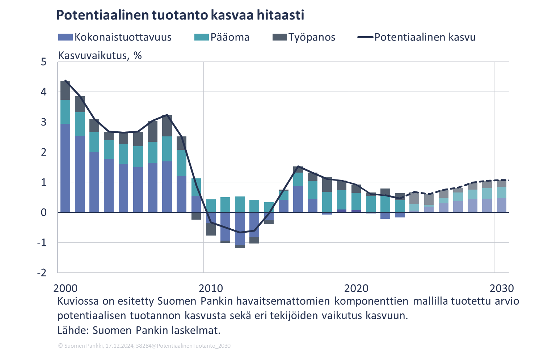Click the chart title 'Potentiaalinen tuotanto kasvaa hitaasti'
click(180, 15)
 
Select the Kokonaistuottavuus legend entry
click(115, 37)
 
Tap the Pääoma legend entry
click(222, 37)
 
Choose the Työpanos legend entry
click(304, 37)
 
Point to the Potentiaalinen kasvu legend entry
click(416, 37)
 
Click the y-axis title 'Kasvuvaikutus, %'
click(100, 56)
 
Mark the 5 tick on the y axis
click(44, 62)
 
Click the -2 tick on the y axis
click(42, 272)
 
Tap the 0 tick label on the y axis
click(44, 212)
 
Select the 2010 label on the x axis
click(211, 288)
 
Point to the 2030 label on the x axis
click(502, 288)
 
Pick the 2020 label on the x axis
click(356, 288)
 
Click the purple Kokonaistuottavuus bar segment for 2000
click(65, 168)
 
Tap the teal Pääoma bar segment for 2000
click(65, 112)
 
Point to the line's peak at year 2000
click(65, 80)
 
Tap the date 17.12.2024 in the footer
click(119, 346)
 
